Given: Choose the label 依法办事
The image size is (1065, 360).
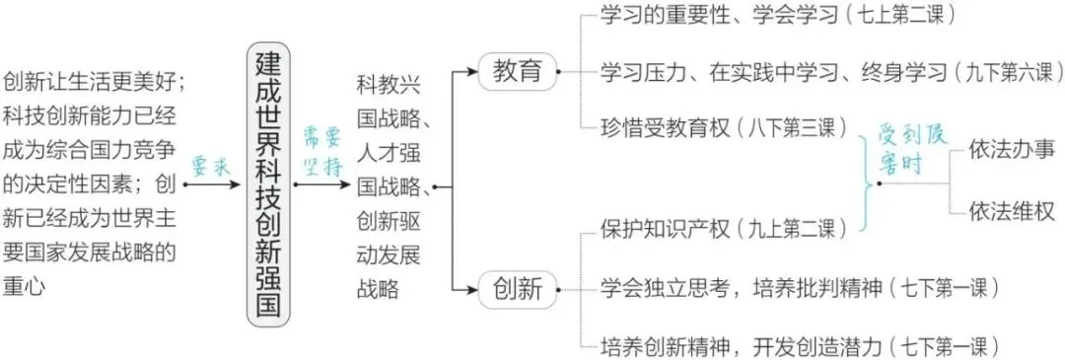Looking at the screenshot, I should pyautogui.click(x=1012, y=150).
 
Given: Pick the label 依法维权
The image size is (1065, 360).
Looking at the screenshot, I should pyautogui.click(x=1012, y=211).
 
